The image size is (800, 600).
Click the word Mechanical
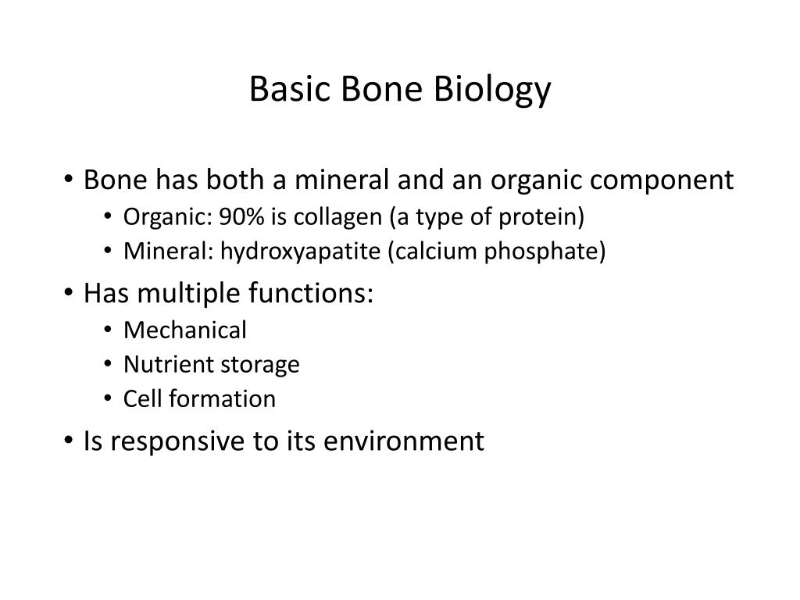(185, 330)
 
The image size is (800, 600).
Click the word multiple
(191, 295)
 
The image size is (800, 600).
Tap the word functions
(309, 294)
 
